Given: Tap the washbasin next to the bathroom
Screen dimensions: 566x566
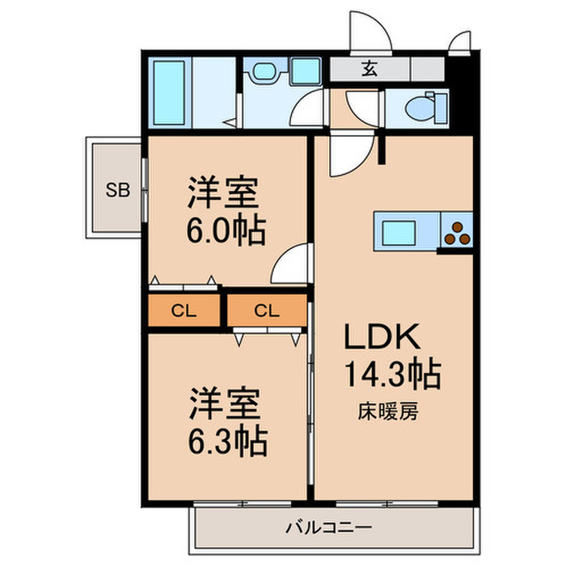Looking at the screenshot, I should (263, 72).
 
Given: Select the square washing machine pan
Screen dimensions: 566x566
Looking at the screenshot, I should (305, 71).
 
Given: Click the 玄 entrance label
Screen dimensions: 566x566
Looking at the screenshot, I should (369, 69).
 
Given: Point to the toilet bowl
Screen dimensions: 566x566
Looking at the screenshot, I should (423, 106).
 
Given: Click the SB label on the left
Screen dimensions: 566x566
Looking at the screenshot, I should (118, 191).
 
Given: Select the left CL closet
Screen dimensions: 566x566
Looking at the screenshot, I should (184, 310).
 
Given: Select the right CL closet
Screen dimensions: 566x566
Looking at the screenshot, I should (266, 310).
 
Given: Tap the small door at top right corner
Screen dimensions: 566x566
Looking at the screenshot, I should (461, 43).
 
